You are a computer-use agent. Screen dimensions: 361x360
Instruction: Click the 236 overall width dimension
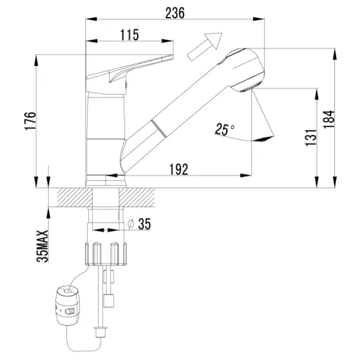(x=175, y=13)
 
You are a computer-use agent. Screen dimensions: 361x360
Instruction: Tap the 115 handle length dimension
(x=130, y=35)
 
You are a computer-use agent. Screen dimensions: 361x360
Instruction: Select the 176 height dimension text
(x=30, y=121)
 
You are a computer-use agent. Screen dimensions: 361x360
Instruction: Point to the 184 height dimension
(x=329, y=119)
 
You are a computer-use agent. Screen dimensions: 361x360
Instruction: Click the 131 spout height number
(x=311, y=137)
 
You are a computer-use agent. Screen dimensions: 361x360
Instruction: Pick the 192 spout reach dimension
(x=179, y=169)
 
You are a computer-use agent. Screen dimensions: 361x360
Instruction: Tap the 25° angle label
(x=224, y=129)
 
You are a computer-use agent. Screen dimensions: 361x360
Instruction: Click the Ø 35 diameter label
(x=139, y=224)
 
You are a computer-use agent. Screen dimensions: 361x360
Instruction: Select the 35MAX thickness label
(x=42, y=246)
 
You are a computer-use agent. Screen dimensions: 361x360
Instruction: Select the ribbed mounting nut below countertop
(x=106, y=254)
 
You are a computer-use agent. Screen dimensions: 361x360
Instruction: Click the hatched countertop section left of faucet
(x=75, y=197)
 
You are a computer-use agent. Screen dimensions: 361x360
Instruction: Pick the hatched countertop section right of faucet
(x=137, y=197)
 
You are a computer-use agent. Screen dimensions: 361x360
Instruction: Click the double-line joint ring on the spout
(x=159, y=128)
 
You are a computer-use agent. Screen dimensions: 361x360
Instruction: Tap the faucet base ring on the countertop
(x=106, y=181)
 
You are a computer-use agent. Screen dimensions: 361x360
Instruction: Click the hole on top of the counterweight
(x=68, y=291)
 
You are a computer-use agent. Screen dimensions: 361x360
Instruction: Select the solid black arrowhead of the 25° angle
(x=262, y=139)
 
